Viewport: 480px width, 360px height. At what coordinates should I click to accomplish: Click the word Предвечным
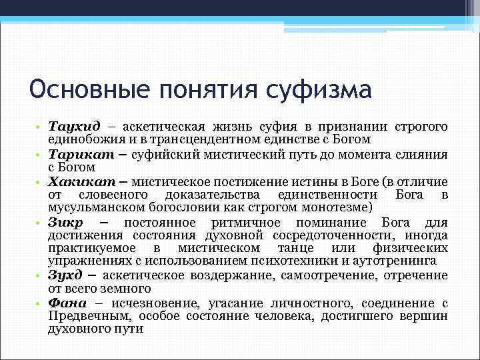(x=84, y=316)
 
